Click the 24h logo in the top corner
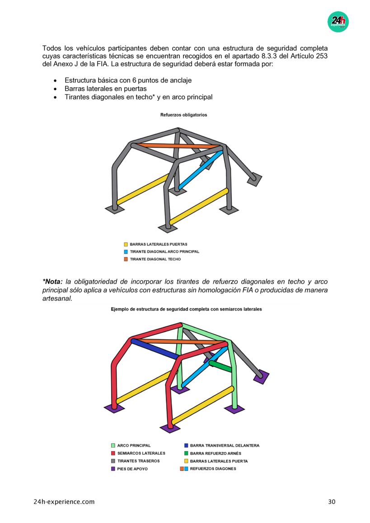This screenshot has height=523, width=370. coord(338,21)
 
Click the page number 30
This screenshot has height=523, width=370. coord(332,502)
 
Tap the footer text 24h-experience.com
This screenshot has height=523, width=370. coord(64,502)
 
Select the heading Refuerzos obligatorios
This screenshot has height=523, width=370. coord(183,115)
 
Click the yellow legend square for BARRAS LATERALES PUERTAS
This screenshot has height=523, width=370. coord(126,244)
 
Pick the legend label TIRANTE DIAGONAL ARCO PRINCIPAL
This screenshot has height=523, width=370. coord(164,252)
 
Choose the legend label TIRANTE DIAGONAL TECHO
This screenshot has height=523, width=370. coord(155,259)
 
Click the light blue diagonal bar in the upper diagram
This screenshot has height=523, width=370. coord(201,170)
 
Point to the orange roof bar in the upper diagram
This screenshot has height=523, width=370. coord(176,146)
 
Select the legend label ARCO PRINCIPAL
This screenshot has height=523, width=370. coord(134,445)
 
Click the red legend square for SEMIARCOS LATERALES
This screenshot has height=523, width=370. coord(113,453)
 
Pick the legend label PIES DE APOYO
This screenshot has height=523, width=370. coord(132,469)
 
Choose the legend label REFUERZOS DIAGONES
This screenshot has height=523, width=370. coord(213,469)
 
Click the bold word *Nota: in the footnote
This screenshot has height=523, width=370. coord(53,282)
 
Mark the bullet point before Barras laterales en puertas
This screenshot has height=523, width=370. coord(55,89)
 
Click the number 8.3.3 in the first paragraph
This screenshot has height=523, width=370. coord(270,56)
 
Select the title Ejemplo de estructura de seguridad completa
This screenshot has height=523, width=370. coord(186,309)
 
